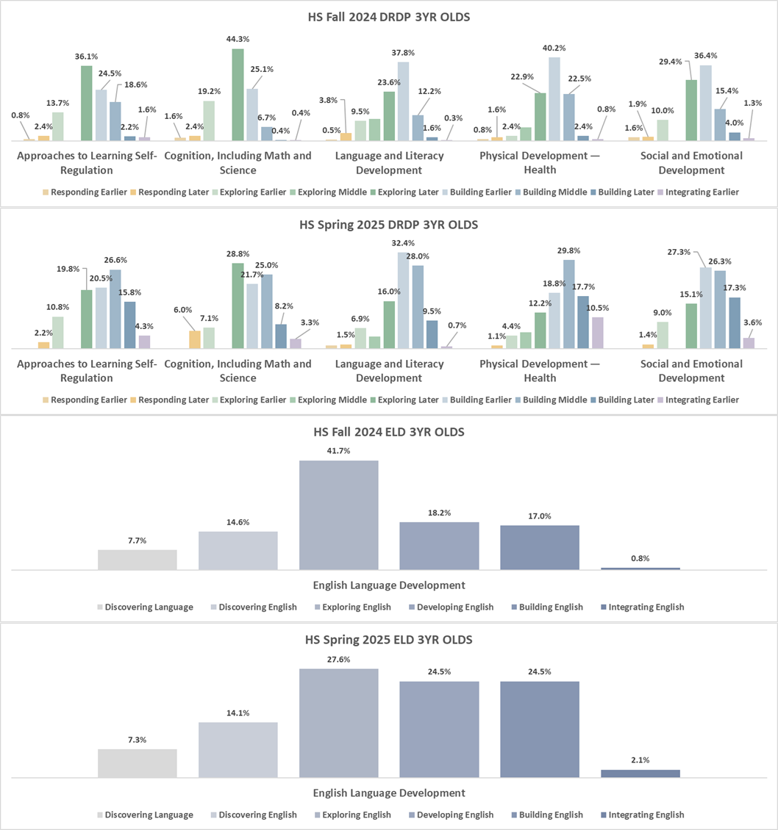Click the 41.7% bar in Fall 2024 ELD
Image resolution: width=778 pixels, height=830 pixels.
[339, 514]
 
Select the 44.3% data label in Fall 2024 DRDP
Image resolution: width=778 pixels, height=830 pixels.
[238, 39]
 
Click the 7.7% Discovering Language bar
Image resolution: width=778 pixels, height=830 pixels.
[138, 560]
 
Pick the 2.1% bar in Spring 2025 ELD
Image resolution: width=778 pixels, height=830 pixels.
[640, 773]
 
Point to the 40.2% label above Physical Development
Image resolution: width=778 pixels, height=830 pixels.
[554, 48]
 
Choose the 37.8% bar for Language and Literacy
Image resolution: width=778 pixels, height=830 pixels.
[402, 101]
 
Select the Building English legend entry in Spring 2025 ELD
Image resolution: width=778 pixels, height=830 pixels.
[550, 815]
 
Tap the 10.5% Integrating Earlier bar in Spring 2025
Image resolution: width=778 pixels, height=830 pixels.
[597, 333]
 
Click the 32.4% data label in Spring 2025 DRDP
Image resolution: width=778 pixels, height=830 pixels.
[403, 243]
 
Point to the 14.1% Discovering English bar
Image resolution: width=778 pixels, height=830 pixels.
[238, 749]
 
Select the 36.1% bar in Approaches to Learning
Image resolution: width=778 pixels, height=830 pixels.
[86, 103]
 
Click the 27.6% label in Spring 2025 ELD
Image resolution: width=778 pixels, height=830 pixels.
[339, 660]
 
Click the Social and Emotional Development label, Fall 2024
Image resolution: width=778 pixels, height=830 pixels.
[690, 163]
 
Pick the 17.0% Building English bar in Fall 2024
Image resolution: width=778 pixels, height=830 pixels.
[540, 547]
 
